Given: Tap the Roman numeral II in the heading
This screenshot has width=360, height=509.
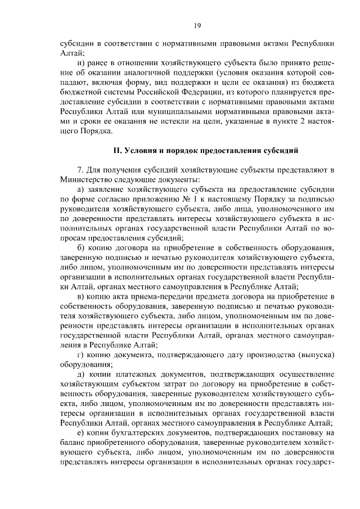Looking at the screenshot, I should tap(116, 150).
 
